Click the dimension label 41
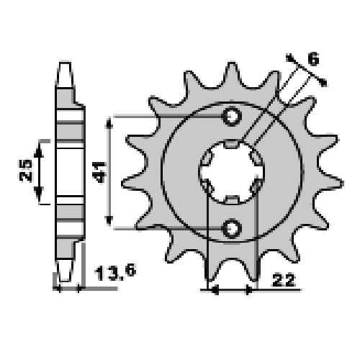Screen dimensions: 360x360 point(99,172)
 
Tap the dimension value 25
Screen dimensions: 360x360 point(26,170)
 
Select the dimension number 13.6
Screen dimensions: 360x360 point(115,272)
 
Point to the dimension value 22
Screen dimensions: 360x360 point(284,279)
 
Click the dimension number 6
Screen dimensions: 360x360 point(313,58)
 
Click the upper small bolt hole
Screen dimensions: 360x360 point(232,117)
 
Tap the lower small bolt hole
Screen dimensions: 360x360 point(232,228)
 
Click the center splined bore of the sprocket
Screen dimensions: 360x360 point(232,172)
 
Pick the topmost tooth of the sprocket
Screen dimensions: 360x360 point(232,74)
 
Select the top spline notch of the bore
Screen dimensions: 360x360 point(232,144)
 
